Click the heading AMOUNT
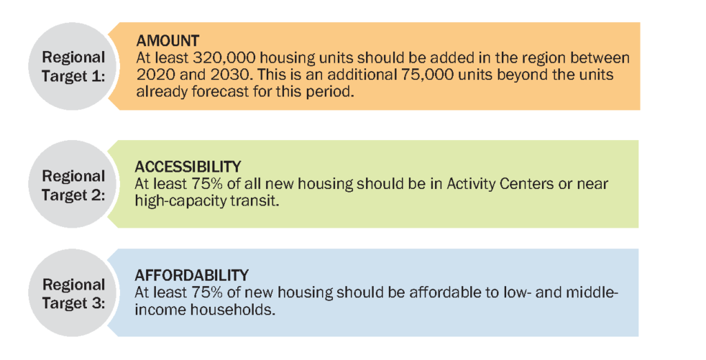click(168, 41)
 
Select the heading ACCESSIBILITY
click(188, 167)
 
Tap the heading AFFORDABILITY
click(192, 275)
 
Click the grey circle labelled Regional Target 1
click(73, 66)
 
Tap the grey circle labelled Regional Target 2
click(73, 184)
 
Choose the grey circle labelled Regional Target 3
click(73, 293)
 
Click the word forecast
click(221, 92)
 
